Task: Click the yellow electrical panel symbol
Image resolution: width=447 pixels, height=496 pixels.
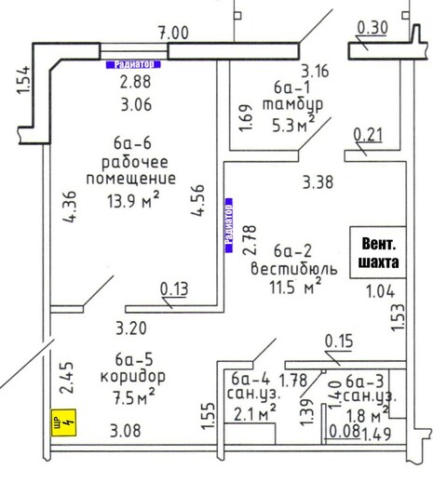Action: pos(64,422)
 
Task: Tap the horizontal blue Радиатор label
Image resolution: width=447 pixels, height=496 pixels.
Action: pos(133,64)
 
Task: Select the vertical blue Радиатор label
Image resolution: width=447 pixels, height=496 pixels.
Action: pos(228,225)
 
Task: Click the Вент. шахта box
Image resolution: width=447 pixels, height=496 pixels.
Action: pos(378,252)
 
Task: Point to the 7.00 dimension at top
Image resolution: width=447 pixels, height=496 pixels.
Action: pos(173,33)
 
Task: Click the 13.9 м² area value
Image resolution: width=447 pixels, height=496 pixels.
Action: pos(133,200)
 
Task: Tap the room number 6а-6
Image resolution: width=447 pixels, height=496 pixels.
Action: pos(132,143)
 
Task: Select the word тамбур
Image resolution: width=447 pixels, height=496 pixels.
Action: pos(292,104)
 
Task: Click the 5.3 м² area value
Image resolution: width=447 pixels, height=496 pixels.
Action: pos(293,125)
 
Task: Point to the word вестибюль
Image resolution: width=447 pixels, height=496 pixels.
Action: pos(294,269)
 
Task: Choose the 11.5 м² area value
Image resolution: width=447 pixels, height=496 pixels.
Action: pos(295,287)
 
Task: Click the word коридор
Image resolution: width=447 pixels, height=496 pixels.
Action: pos(133,377)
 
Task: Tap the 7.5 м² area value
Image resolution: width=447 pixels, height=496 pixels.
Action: pos(134,397)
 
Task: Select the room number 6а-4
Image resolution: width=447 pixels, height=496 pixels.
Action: pos(251,379)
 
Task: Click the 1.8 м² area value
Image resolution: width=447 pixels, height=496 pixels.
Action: pos(367,415)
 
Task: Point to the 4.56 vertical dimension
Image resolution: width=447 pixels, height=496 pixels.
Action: pos(198,200)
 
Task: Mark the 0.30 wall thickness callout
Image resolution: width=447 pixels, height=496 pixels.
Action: pos(372,28)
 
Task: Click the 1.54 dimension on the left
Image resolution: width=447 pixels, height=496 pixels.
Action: pos(24,80)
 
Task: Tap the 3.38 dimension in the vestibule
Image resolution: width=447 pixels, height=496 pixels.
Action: pos(318,182)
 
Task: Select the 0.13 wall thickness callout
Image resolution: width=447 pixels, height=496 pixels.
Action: pos(174,288)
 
